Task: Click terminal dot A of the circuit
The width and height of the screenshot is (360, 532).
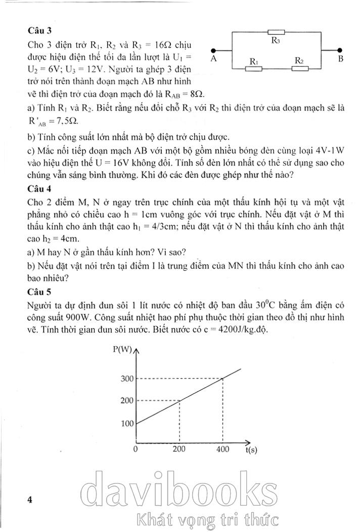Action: [x=214, y=51]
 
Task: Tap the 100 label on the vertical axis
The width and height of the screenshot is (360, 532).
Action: [x=127, y=423]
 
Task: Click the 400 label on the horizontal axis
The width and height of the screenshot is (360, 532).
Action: [x=222, y=449]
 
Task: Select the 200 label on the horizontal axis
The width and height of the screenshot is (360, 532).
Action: [x=179, y=449]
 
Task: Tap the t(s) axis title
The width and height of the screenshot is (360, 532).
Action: [x=251, y=450]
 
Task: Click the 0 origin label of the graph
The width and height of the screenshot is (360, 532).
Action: [x=136, y=449]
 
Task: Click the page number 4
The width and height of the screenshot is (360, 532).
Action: [x=30, y=500]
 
